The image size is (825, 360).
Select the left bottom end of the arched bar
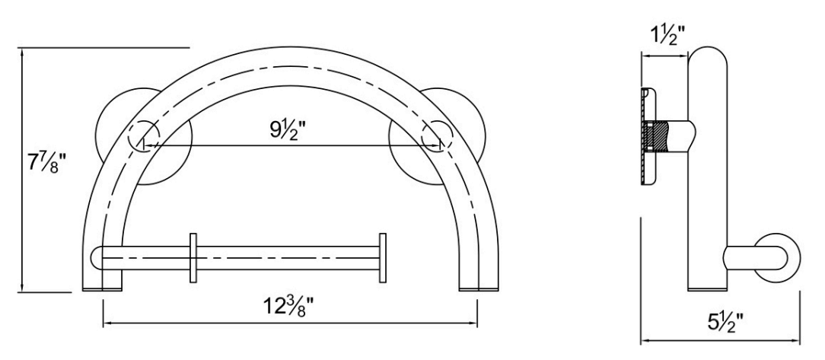point(101,286)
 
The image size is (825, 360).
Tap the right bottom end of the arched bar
point(479,286)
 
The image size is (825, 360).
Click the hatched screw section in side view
point(656,136)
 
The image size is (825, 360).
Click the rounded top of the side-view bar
point(709,57)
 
